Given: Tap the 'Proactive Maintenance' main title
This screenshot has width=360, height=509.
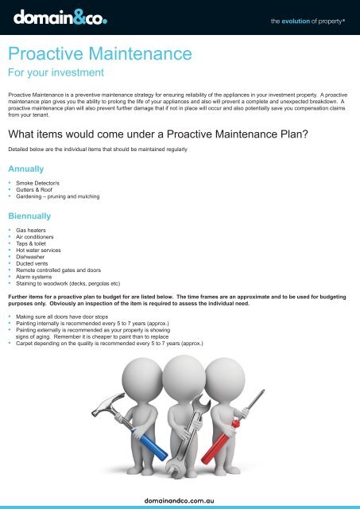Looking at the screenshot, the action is click(x=99, y=56).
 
